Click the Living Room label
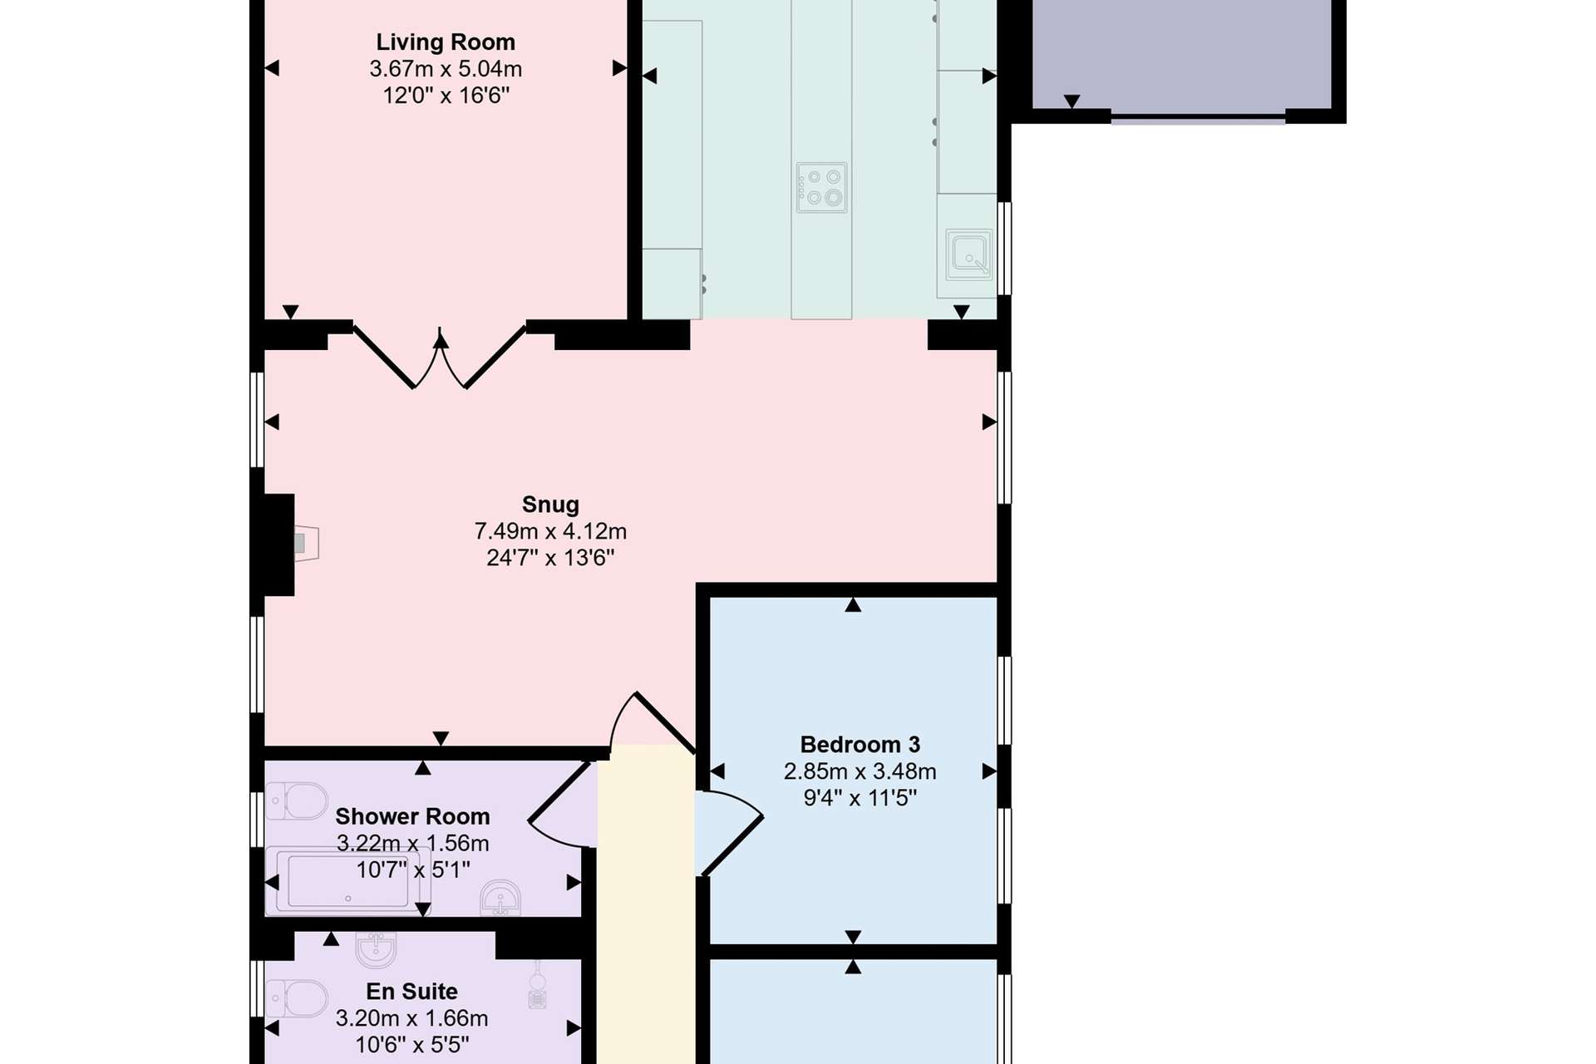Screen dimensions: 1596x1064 pos(446,42)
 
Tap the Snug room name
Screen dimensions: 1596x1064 pos(550,505)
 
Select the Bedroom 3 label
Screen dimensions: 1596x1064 pos(860,744)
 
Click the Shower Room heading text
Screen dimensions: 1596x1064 pos(412,816)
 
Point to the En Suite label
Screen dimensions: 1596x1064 pos(412,991)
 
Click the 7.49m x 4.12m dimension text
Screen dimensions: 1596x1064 pos(550,531)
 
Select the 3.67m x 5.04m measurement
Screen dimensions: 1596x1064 pos(446,69)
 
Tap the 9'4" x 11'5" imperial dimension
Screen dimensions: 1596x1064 pos(860,798)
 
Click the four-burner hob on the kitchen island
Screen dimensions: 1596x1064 pos(821,187)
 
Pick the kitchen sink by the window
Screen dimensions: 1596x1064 pos(969,254)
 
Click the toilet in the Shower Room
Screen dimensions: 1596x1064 pos(296,800)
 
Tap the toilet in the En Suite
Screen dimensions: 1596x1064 pos(296,999)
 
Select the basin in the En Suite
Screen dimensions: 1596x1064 pos(377,949)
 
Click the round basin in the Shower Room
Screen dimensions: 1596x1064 pos(500,899)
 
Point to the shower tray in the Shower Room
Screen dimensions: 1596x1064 pos(348,880)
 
